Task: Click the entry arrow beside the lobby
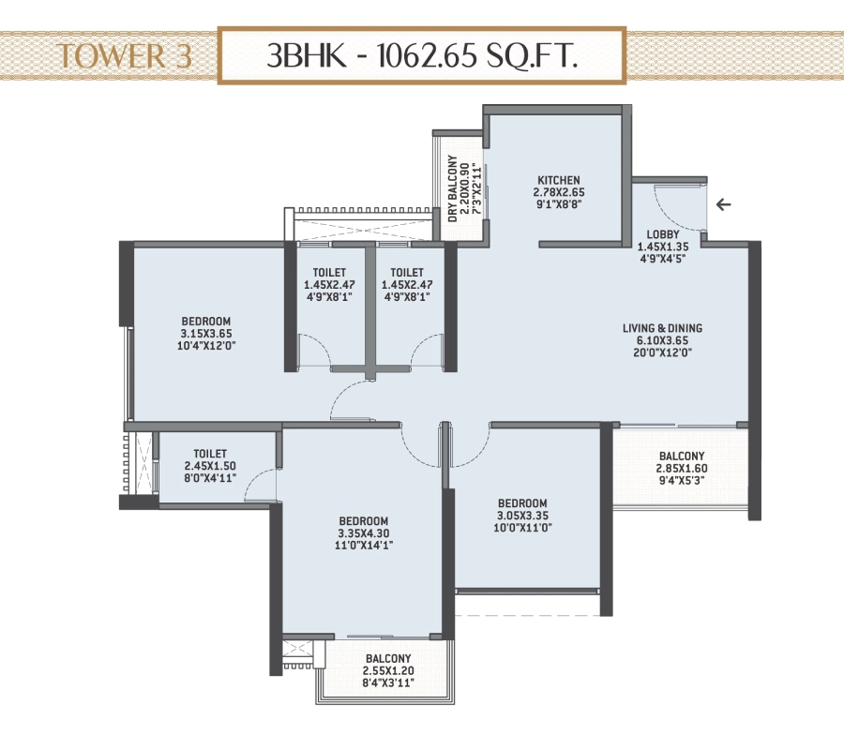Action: pyautogui.click(x=723, y=204)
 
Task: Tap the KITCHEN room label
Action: pyautogui.click(x=559, y=180)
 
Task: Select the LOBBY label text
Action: pyautogui.click(x=663, y=234)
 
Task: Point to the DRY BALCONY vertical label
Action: pyautogui.click(x=453, y=188)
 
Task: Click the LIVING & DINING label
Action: pyautogui.click(x=662, y=328)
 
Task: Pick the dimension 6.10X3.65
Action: pyautogui.click(x=663, y=340)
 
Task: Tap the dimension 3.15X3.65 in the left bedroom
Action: pyautogui.click(x=206, y=334)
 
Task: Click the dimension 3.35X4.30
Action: pyautogui.click(x=363, y=533)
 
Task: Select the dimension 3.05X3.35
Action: pyautogui.click(x=522, y=516)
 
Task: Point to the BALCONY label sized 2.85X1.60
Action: pyautogui.click(x=682, y=457)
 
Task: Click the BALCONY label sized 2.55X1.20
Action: pyautogui.click(x=388, y=658)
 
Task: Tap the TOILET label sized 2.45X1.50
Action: pyautogui.click(x=210, y=454)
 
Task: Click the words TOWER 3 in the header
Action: pyautogui.click(x=125, y=56)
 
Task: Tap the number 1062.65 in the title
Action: pyautogui.click(x=427, y=55)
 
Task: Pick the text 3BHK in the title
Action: pyautogui.click(x=307, y=55)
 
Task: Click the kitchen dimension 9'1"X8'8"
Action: pyautogui.click(x=559, y=204)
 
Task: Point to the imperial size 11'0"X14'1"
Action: pyautogui.click(x=363, y=546)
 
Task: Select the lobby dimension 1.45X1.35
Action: pyautogui.click(x=663, y=247)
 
